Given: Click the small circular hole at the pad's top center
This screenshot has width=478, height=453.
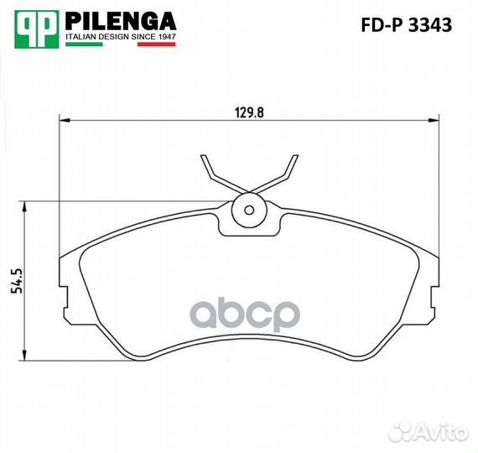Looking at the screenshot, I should coord(247,210).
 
